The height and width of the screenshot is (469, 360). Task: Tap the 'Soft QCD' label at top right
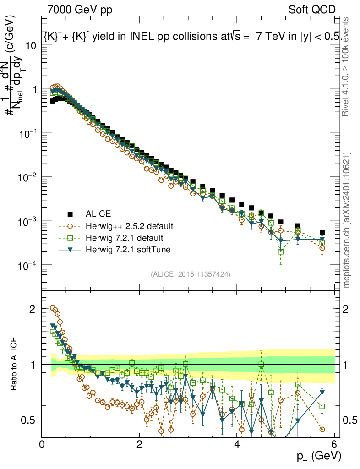(x=312, y=9)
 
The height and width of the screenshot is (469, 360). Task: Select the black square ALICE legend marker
(x=70, y=214)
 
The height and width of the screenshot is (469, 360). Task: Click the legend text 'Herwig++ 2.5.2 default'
(x=129, y=226)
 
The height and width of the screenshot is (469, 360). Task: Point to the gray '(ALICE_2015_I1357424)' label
(x=190, y=274)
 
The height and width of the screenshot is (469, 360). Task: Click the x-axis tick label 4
(x=237, y=444)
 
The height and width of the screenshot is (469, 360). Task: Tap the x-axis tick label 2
(x=139, y=444)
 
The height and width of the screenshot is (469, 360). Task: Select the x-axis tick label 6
(x=334, y=444)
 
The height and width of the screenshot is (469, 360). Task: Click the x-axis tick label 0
(x=42, y=444)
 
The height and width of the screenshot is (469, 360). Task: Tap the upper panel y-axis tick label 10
(x=31, y=45)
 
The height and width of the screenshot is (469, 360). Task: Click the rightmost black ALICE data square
(x=322, y=233)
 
